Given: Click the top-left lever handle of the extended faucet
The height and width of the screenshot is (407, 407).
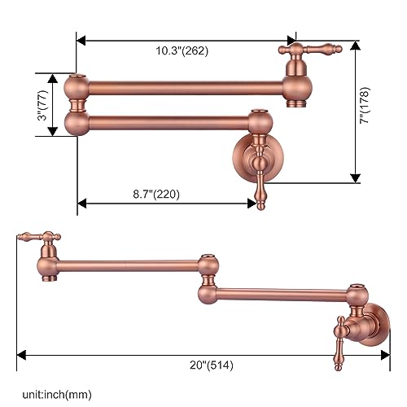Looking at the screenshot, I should [x=37, y=237].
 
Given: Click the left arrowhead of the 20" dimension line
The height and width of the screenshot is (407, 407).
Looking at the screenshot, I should [x=20, y=355].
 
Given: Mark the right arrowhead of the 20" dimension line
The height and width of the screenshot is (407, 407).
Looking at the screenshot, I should [x=387, y=355].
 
